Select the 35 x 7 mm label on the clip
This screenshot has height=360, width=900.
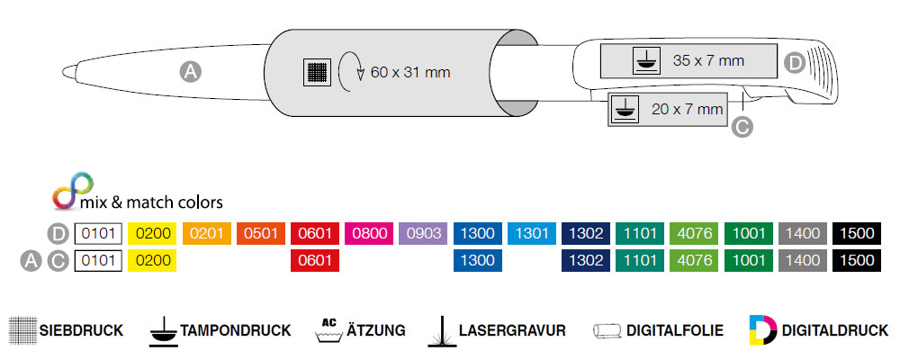708,61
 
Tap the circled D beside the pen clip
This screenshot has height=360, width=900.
794,62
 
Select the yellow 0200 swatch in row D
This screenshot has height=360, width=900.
152,233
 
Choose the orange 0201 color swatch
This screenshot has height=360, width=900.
207,233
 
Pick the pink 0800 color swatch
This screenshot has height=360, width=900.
369,233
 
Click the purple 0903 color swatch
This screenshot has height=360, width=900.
423,233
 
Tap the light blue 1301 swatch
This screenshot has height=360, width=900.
531,233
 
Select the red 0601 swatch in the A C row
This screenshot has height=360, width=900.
315,261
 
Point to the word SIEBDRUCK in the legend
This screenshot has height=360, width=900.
81,330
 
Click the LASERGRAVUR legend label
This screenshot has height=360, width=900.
511,330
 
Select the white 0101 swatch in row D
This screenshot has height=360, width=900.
98,233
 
